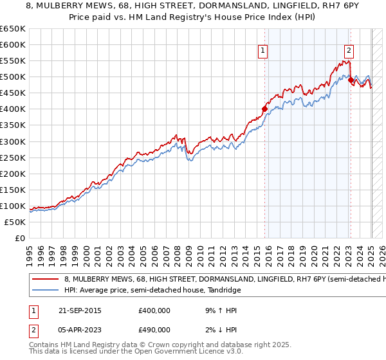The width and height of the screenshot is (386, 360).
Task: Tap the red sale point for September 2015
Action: tap(264, 109)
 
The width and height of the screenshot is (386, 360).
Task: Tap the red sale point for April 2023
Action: tap(351, 80)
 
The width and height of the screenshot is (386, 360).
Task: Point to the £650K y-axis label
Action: tap(13, 29)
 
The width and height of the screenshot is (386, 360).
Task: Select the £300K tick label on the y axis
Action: tap(13, 141)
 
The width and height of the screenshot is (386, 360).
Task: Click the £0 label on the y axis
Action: tap(21, 238)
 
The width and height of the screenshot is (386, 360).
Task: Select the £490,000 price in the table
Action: tap(154, 330)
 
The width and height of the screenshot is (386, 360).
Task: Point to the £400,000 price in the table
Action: tap(154, 310)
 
